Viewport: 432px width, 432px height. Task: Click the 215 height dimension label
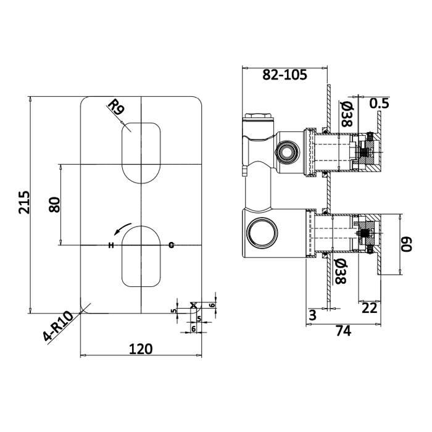point(23,202)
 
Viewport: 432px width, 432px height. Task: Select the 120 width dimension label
point(141,349)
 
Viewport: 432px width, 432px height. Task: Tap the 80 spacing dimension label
point(54,204)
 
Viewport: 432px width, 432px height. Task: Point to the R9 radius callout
point(116,107)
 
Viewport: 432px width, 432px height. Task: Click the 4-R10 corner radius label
point(58,326)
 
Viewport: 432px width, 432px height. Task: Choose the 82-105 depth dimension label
point(285,75)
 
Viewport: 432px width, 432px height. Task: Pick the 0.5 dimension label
point(379,103)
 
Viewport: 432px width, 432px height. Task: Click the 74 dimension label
point(344,331)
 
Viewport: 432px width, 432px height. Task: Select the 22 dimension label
point(369,308)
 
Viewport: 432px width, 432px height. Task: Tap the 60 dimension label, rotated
point(406,244)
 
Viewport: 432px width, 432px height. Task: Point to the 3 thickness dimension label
point(312,315)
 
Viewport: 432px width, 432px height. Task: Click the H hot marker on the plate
point(110,245)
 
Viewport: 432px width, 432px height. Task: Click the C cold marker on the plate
point(172,244)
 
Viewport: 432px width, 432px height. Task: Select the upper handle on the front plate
point(141,153)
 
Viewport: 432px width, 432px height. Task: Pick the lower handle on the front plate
point(141,256)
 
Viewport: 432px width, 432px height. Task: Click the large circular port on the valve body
point(262,233)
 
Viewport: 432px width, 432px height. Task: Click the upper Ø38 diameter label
point(347,114)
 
